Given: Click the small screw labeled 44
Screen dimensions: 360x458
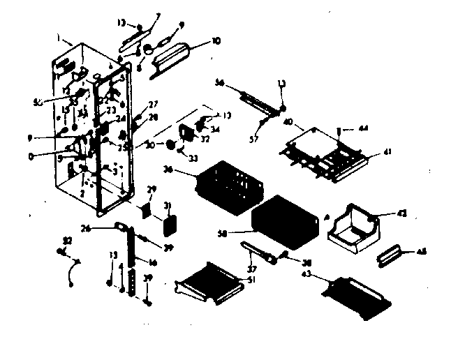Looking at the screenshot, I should click(x=339, y=130).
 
